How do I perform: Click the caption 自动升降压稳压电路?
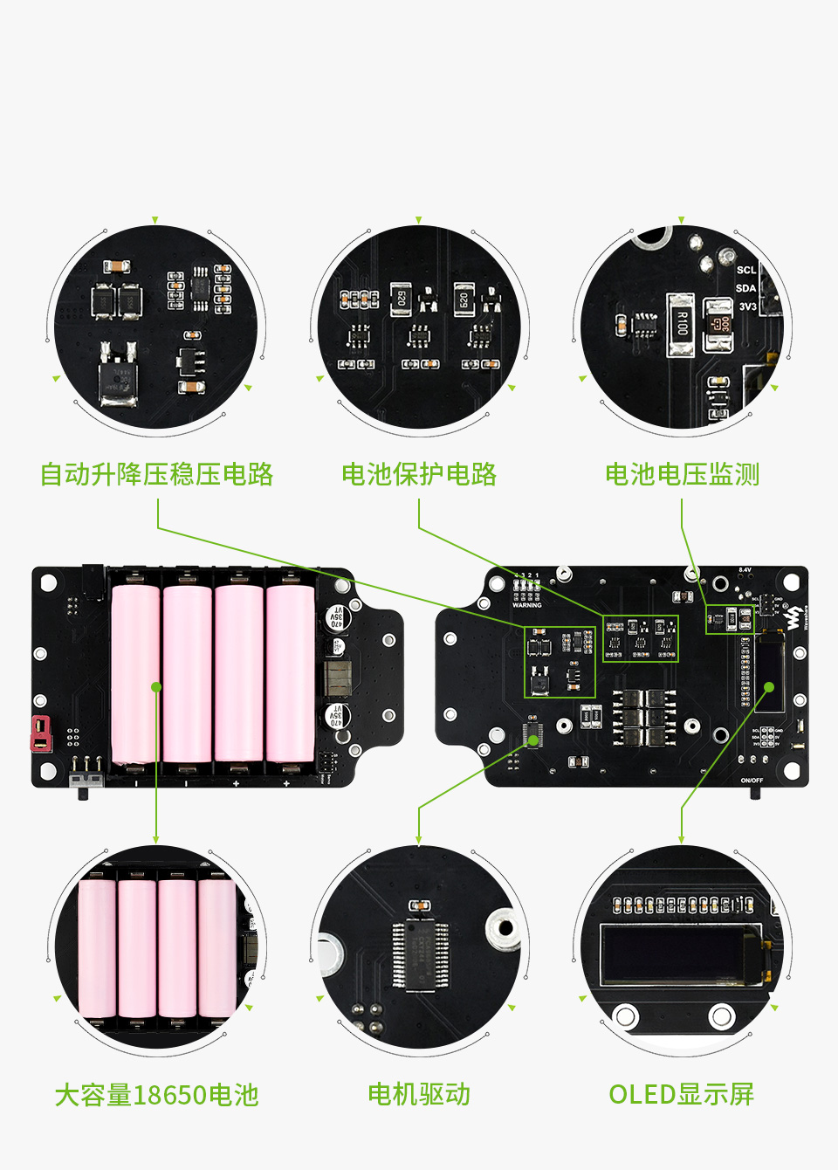pos(157,474)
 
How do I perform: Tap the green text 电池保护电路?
pos(419,474)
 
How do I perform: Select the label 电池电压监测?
pos(682,474)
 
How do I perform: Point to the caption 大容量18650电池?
pos(157,1095)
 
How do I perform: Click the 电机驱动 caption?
pos(419,1094)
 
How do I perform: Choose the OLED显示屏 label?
pos(681,1094)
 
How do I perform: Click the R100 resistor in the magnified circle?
pos(681,325)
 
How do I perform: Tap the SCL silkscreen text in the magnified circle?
pos(745,270)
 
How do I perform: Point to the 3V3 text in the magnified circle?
pos(747,306)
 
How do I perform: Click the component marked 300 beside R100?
pos(719,325)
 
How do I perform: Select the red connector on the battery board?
pos(40,733)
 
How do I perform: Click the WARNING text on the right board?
pos(526,604)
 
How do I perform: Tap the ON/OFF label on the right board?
pos(752,780)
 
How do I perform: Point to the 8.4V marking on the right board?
pos(745,570)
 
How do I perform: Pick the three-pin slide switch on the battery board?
pos(85,779)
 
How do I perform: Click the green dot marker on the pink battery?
pos(156,687)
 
